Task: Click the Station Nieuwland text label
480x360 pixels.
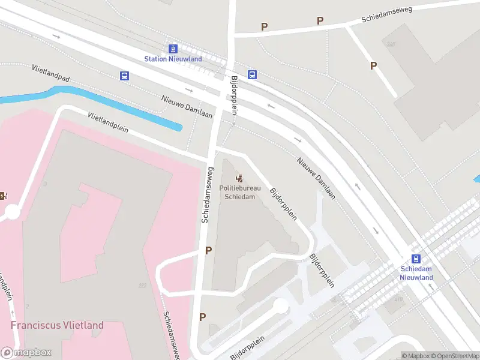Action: click(173, 59)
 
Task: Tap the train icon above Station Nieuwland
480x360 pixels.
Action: click(173, 49)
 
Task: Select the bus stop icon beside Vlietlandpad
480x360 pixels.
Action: click(124, 76)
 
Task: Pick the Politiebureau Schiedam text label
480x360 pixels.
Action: click(239, 193)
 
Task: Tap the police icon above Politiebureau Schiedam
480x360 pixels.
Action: click(239, 178)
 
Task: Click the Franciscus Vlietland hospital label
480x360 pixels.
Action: click(57, 325)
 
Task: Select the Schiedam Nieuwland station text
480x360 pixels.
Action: click(416, 273)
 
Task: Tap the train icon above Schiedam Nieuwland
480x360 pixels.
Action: click(416, 256)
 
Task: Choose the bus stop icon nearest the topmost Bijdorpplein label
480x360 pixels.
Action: click(253, 75)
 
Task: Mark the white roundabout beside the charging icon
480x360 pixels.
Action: click(12, 211)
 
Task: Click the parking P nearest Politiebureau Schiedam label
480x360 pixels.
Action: click(208, 251)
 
